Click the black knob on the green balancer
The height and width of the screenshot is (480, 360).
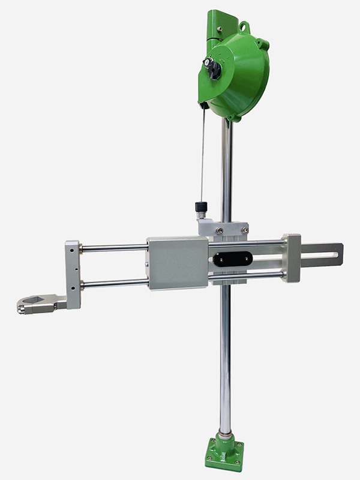[212, 67]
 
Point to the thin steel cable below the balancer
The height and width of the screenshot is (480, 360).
[203, 156]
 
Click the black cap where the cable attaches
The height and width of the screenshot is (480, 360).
[200, 208]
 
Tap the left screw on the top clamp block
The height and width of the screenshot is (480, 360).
[220, 229]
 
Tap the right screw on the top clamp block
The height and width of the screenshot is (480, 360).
[244, 229]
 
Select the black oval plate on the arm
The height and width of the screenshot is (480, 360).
[232, 259]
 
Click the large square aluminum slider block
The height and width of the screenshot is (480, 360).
[178, 263]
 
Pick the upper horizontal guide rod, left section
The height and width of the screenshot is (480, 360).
[114, 247]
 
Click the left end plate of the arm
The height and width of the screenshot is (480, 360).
[73, 273]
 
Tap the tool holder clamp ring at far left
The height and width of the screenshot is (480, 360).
[33, 304]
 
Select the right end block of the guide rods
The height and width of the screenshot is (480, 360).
[292, 259]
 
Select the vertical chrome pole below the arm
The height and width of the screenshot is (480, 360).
[225, 360]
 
